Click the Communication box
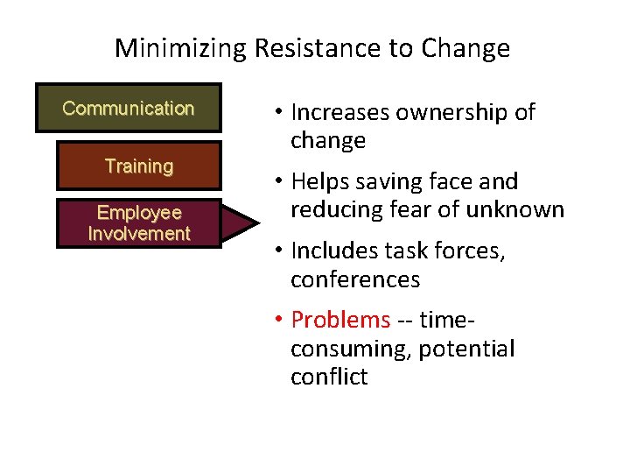(128, 109)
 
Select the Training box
(138, 166)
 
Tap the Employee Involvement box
(138, 223)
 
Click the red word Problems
(339, 320)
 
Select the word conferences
(355, 279)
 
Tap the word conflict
(329, 378)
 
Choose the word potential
(466, 349)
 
